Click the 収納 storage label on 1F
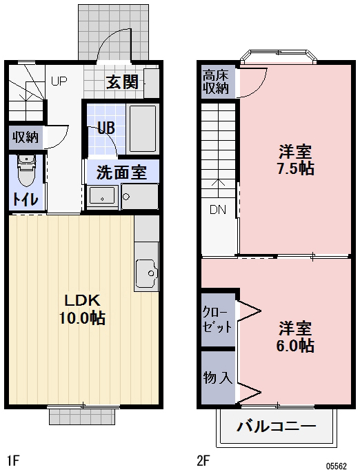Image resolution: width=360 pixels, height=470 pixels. pyautogui.click(x=26, y=137)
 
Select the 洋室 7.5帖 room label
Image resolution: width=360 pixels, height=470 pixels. pyautogui.click(x=297, y=159)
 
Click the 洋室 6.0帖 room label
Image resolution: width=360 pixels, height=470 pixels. pyautogui.click(x=297, y=336)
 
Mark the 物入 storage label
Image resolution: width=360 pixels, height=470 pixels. pyautogui.click(x=217, y=378)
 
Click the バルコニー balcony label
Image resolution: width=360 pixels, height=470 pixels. pyautogui.click(x=276, y=425)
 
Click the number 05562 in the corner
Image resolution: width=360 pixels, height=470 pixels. pyautogui.click(x=337, y=464)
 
